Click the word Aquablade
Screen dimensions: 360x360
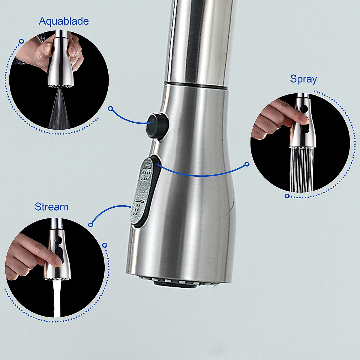pyautogui.click(x=64, y=21)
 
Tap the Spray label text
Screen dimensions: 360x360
pyautogui.click(x=303, y=79)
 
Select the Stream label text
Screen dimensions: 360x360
pyautogui.click(x=51, y=207)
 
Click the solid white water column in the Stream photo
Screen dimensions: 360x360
pyautogui.click(x=57, y=300)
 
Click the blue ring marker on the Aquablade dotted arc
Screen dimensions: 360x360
pyautogui.click(x=21, y=41)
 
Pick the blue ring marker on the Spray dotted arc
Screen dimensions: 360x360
pyautogui.click(x=287, y=196)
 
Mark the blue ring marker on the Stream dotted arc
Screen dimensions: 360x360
pyautogui.click(x=104, y=245)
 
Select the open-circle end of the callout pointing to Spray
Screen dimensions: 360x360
pyautogui.click(x=247, y=164)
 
